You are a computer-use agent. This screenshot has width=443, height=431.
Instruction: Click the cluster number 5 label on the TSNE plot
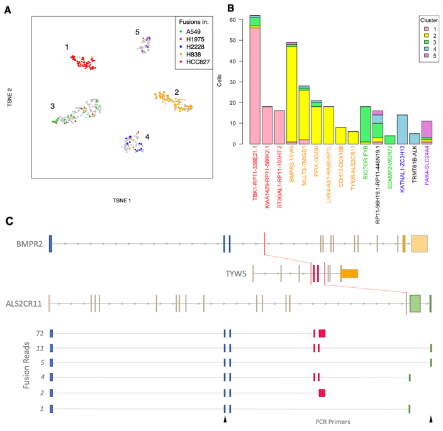coord(138,31)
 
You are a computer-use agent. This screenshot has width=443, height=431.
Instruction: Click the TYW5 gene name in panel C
coord(236,273)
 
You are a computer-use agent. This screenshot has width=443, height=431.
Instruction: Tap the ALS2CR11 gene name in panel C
coord(25,303)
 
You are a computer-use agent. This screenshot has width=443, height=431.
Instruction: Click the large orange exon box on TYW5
coord(349,273)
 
